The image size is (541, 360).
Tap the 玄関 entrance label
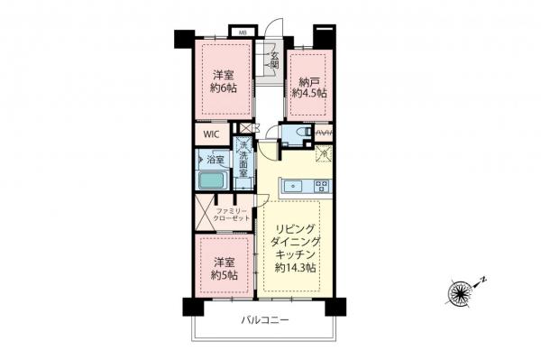[x=274, y=60]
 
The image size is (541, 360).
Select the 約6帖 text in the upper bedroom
[x=225, y=88]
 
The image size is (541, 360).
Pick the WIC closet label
[x=211, y=134]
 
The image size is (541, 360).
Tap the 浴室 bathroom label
[x=215, y=161]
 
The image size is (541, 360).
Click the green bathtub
[x=214, y=180]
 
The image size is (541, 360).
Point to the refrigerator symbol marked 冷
[x=322, y=152]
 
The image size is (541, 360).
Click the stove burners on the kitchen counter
[x=319, y=187]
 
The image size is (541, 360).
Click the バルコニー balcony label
[x=264, y=320]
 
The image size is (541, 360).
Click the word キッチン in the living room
[x=298, y=256]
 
